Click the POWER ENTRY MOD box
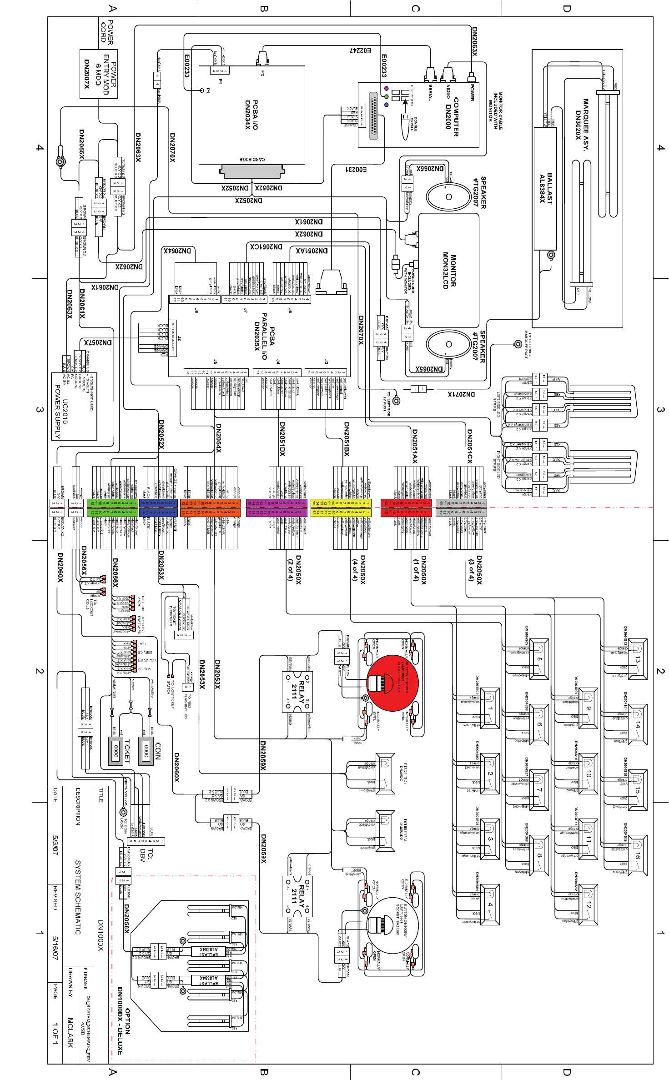point(99,74)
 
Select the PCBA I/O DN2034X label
point(252,115)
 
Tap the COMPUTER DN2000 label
point(452,116)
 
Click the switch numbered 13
point(637,659)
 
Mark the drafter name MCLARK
point(70,1033)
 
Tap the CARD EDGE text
point(252,160)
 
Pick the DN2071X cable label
point(461,394)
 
